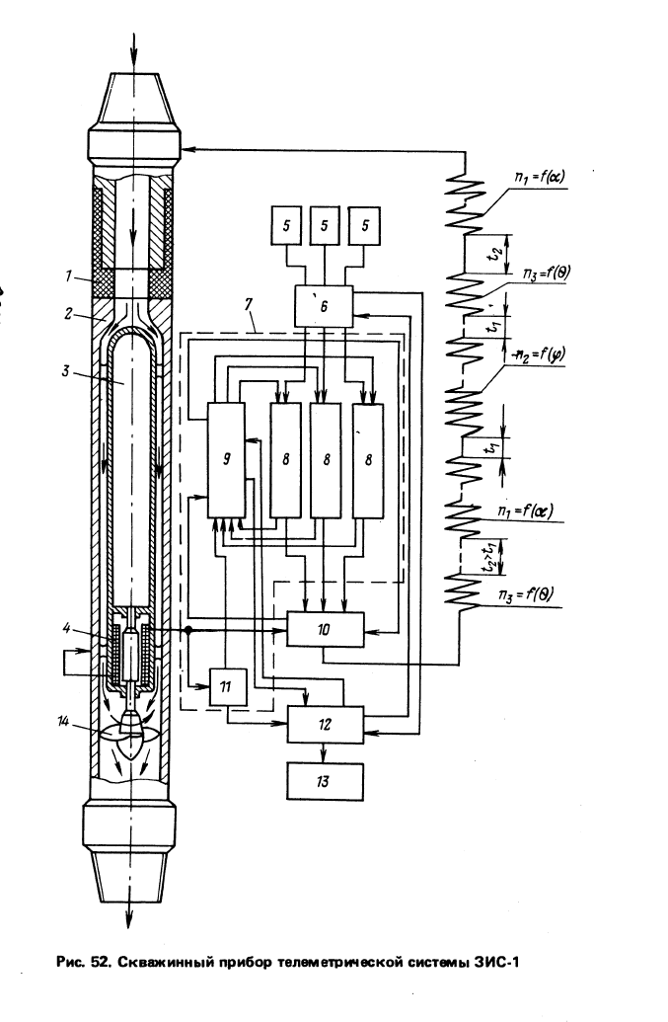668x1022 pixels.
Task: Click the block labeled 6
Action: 324,306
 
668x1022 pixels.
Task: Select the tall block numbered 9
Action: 226,460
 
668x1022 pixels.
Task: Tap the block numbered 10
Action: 326,630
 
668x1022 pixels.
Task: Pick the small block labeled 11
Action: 228,686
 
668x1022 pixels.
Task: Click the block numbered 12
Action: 326,725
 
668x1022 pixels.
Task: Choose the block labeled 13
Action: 325,781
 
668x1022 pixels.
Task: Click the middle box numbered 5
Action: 325,226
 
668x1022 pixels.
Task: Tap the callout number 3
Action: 66,370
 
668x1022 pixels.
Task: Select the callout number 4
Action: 66,629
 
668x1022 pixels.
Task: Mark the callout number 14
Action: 62,721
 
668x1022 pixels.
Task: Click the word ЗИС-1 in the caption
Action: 494,962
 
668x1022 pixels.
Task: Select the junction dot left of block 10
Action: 188,630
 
